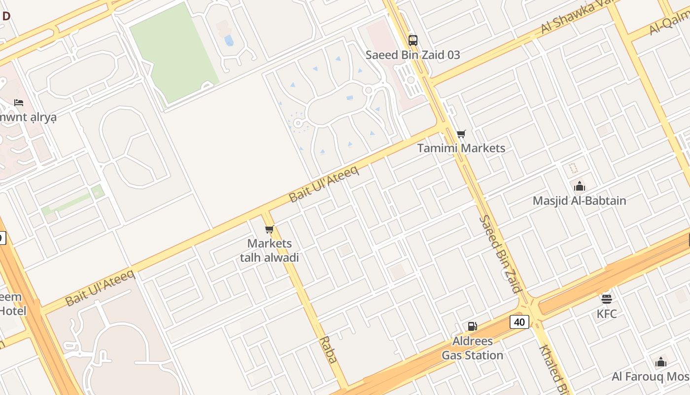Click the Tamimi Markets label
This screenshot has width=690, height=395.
[x=461, y=148]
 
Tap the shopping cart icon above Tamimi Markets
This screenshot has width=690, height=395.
[x=461, y=134]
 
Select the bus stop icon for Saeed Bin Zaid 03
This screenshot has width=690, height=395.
[x=413, y=40]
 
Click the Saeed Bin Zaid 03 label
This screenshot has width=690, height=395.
[x=413, y=55]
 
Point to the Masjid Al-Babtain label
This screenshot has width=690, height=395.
[x=579, y=201]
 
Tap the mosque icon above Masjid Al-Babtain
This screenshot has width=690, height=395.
[x=579, y=186]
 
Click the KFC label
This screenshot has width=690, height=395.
[x=606, y=314]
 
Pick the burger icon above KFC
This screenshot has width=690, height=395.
[x=606, y=299]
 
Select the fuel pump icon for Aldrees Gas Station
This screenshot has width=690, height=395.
[x=472, y=326]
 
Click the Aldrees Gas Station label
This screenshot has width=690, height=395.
[x=472, y=348]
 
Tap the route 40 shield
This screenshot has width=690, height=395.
[x=519, y=322]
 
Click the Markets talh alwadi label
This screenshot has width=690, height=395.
[x=269, y=250]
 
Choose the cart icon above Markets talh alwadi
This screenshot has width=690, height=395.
[x=269, y=229]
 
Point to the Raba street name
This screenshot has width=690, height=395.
[x=328, y=350]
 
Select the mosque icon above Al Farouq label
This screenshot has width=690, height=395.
[x=661, y=362]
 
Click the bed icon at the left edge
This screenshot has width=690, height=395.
[x=19, y=103]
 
